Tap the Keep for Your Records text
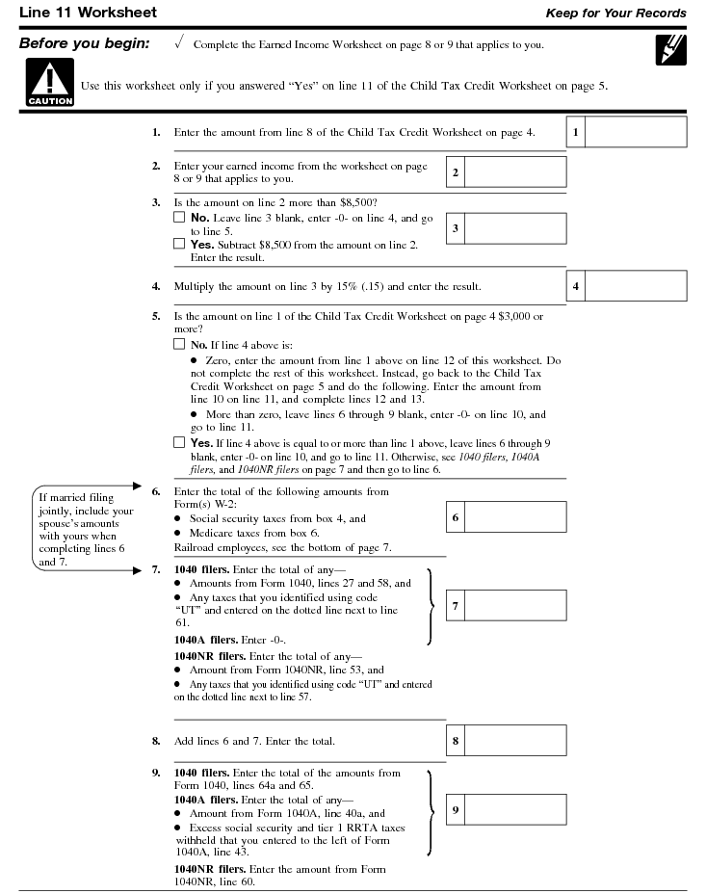(615, 13)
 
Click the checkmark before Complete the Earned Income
(180, 44)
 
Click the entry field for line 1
(636, 132)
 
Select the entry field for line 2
(515, 171)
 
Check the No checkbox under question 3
(179, 219)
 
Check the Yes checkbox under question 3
(179, 245)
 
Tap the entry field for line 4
(636, 286)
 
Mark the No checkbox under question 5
(179, 344)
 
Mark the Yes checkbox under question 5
(179, 443)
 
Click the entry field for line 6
(515, 517)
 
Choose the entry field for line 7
(515, 606)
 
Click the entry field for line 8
(515, 741)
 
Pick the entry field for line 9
(515, 810)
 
